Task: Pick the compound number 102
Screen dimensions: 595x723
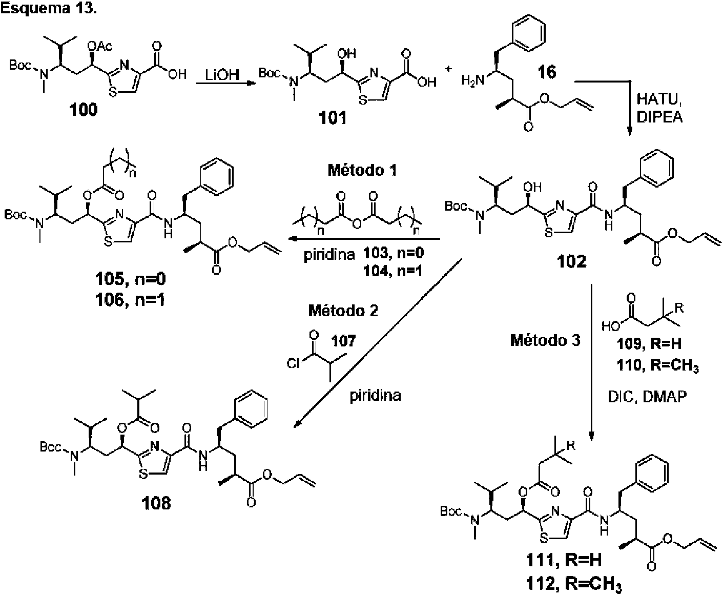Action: coord(571,261)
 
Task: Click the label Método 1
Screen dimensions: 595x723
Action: coord(362,171)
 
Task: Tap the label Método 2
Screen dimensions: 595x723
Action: coord(343,311)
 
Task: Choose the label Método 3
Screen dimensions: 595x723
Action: coord(545,340)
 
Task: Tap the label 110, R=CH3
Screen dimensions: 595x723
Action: coord(657,366)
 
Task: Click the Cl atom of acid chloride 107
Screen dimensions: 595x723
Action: coord(293,363)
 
